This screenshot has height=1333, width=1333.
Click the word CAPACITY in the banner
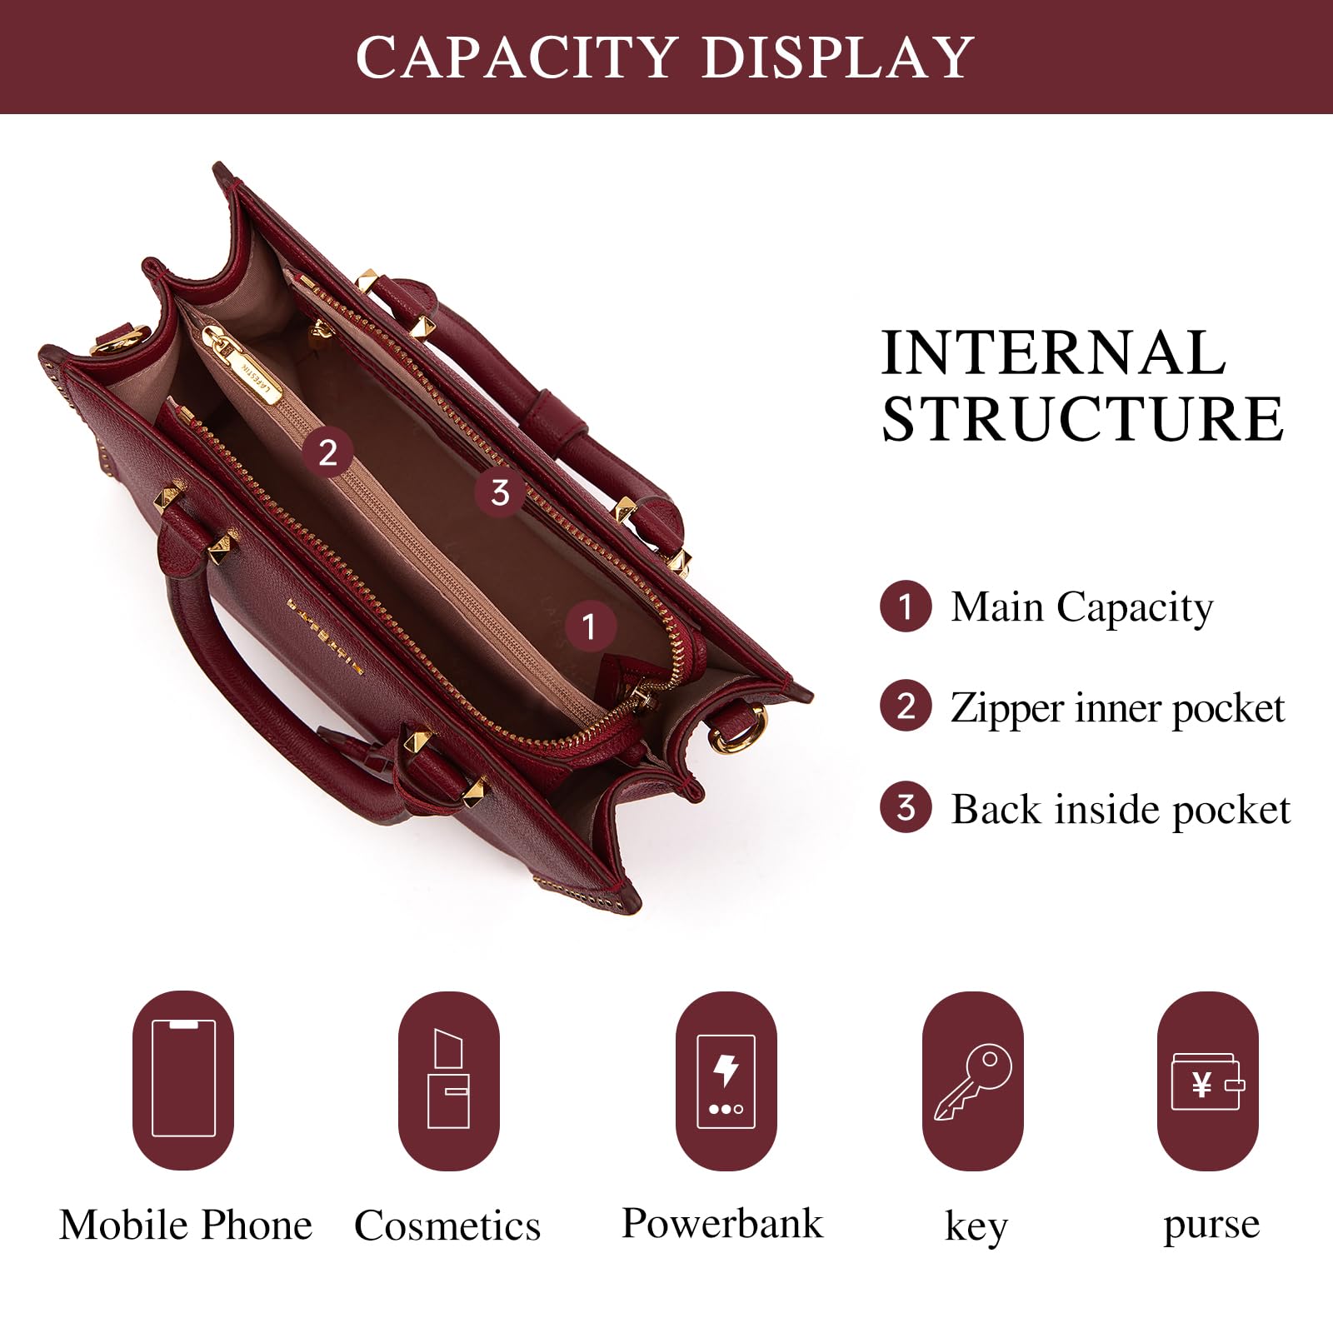coord(515,57)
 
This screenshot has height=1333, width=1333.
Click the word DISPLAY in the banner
coord(837,57)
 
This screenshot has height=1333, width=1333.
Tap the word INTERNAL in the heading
coord(1053,353)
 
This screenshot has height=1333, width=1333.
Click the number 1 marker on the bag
coord(590,626)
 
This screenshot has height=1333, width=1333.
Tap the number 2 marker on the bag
coord(327,452)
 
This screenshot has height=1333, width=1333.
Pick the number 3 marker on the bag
coord(499,492)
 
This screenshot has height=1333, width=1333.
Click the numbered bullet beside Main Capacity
coord(905,606)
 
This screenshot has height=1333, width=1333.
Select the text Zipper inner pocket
coord(1117,708)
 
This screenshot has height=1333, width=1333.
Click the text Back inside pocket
coord(1120,809)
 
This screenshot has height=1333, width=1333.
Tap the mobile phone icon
coord(183,1079)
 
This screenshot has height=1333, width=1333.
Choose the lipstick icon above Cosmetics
coord(448,1080)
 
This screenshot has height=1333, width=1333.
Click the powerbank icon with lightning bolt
coord(726,1081)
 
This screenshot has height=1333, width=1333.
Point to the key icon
coord(973,1081)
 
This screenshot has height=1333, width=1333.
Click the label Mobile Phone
coord(185,1226)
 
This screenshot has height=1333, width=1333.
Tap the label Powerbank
coord(721,1224)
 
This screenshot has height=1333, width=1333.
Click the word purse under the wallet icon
coord(1211,1226)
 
